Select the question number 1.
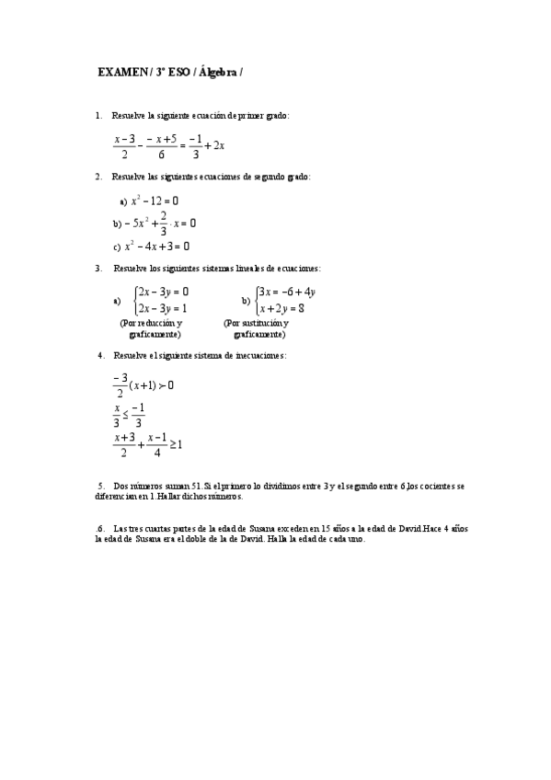click(98, 116)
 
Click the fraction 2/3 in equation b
click(163, 224)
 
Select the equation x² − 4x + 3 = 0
click(157, 247)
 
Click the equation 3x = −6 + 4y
click(287, 292)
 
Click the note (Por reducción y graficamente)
click(152, 328)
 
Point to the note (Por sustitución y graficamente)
click(257, 328)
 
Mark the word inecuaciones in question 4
click(258, 355)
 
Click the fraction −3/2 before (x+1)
click(120, 385)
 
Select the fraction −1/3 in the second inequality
click(139, 415)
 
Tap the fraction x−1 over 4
click(157, 444)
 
